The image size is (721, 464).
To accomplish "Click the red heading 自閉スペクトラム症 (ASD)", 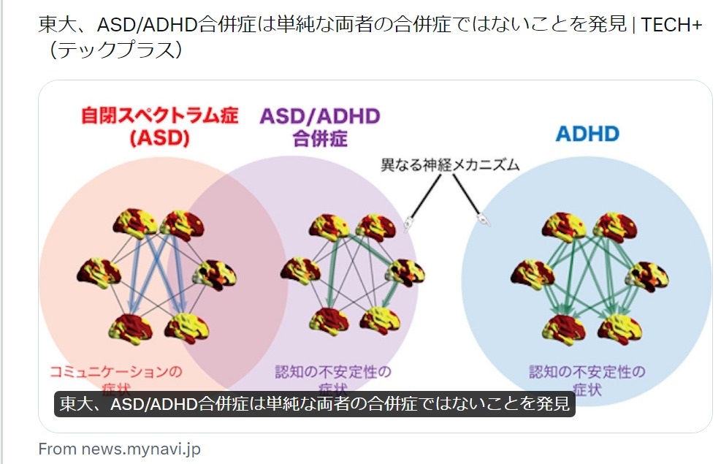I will point(159,126).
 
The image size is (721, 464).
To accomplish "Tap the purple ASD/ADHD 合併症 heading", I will point(320,126).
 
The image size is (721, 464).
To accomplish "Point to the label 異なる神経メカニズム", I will point(450,164).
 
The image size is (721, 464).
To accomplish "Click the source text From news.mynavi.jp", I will point(119,449).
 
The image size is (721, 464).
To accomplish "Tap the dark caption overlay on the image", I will point(314,404).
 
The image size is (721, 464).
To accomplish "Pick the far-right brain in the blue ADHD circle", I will point(647,276).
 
